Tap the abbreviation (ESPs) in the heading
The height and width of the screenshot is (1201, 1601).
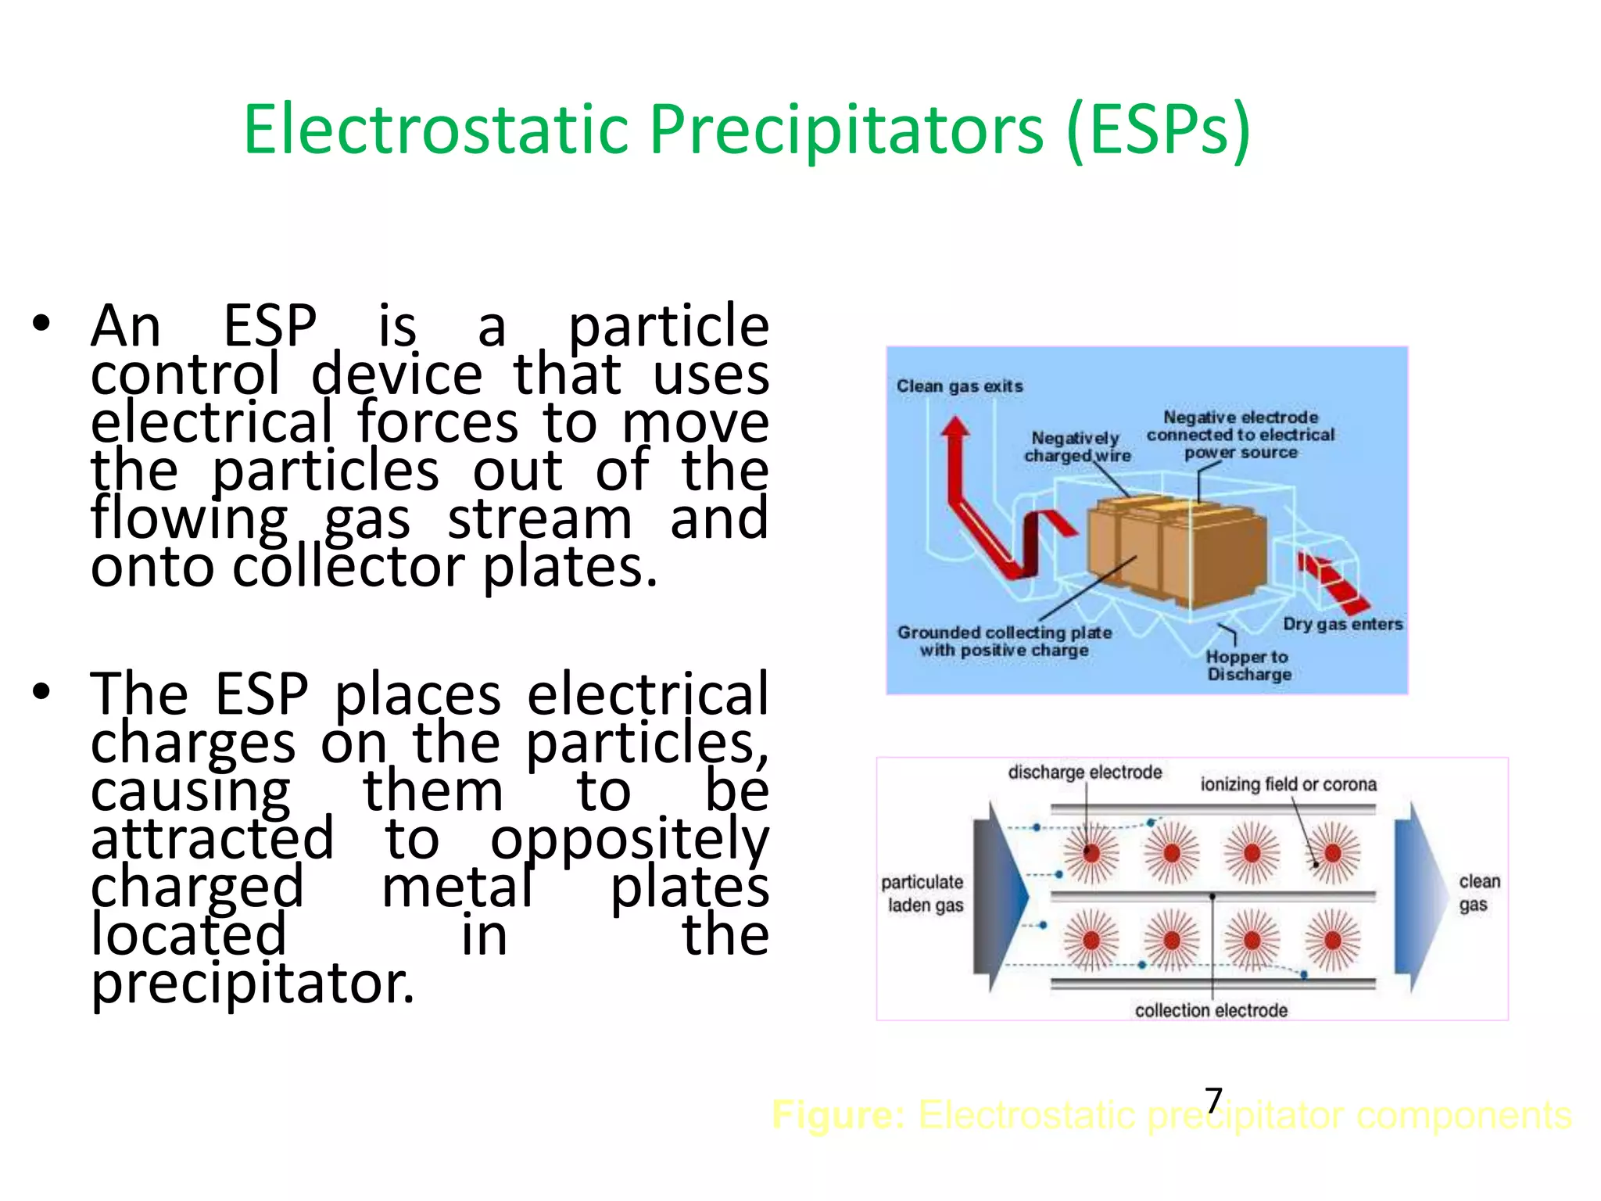click(x=1158, y=130)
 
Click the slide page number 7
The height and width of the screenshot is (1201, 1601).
click(x=1213, y=1101)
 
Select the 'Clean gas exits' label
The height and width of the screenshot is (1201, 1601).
click(x=959, y=386)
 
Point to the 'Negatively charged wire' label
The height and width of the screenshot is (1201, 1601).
click(x=1076, y=446)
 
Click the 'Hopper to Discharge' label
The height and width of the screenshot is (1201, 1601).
click(x=1248, y=665)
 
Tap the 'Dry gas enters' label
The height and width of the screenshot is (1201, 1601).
click(x=1342, y=624)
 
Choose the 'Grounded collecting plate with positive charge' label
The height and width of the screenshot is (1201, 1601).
click(x=1004, y=641)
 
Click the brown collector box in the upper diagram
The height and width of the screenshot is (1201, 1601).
click(x=1180, y=551)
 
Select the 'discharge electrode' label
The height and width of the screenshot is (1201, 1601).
click(x=1084, y=773)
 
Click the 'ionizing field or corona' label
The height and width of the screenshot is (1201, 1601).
click(x=1288, y=784)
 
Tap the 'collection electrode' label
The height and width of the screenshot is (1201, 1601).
click(x=1211, y=1010)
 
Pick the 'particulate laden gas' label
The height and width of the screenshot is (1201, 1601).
click(x=923, y=894)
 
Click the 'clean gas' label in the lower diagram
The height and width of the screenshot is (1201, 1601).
click(x=1478, y=893)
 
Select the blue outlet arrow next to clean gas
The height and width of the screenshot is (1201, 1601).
click(x=1420, y=896)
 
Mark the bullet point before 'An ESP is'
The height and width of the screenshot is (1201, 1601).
click(x=41, y=324)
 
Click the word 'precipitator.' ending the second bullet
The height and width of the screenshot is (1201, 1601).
click(x=252, y=984)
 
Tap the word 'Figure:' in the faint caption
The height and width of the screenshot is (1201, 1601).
click(x=838, y=1115)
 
